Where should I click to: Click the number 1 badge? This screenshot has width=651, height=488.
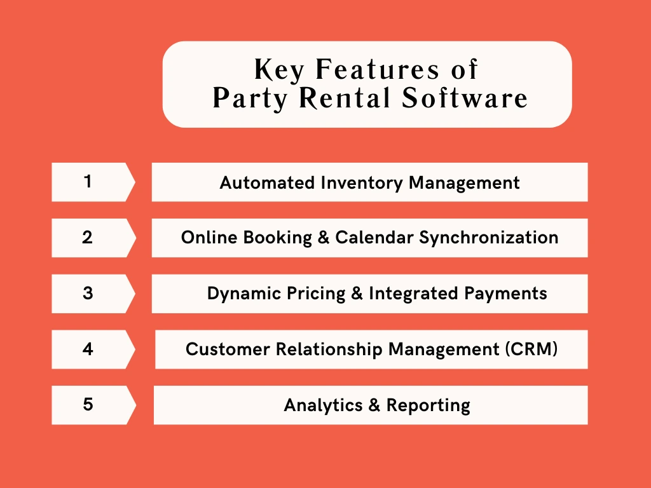point(92,182)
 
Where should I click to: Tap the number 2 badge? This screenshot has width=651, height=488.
point(92,238)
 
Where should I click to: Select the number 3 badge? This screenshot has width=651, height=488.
point(92,294)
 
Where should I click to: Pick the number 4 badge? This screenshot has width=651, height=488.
point(92,349)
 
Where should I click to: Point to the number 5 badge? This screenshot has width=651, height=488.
point(92,405)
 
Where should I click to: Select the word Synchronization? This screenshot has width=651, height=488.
point(489,238)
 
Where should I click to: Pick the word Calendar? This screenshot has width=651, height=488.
point(374,238)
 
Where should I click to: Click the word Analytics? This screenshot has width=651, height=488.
point(322,405)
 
